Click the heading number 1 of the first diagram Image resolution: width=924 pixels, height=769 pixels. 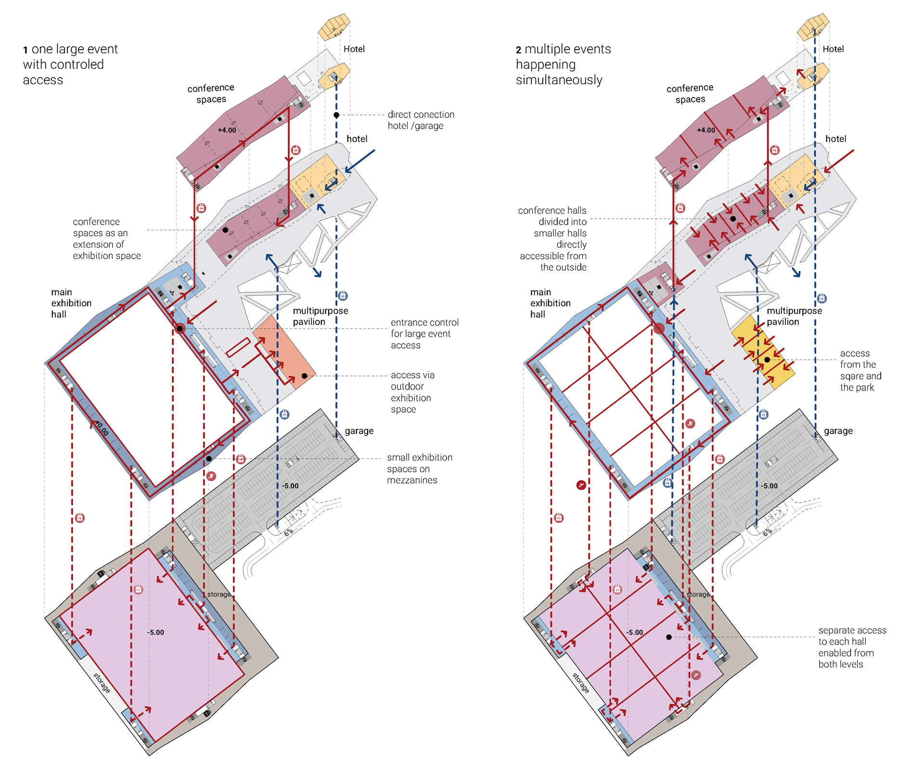coord(26,50)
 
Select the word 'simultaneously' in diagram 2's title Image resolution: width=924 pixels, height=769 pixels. coord(559,80)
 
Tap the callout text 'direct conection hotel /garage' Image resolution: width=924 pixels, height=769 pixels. coord(421,120)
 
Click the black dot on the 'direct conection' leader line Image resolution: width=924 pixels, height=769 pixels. coord(336,115)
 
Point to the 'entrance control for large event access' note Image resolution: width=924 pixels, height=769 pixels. coord(424,334)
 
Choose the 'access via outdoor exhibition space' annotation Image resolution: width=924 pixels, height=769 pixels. coord(412,392)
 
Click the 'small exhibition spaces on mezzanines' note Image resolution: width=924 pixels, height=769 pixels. coord(419,468)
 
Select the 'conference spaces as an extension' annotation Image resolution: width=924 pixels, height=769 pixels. coord(106,239)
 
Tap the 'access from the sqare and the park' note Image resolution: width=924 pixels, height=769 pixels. coord(860,370)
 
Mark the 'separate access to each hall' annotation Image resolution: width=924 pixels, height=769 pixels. coord(852,647)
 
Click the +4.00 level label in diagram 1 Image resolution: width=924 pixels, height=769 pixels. coord(227,130)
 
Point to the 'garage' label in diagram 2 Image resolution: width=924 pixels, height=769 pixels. coord(838,431)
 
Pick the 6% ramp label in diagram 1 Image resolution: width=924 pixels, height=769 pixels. coord(288,532)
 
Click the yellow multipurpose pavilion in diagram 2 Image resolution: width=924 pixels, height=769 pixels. coord(763,351)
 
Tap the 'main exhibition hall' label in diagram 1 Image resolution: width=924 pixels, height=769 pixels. coord(71,303)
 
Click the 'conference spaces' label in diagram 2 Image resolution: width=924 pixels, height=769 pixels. coord(690,93)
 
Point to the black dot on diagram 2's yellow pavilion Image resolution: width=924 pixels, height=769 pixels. coord(767,360)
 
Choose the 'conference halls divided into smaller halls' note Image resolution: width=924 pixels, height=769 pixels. coord(552,239)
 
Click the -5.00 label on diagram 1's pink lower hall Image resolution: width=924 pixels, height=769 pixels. coord(155,632)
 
